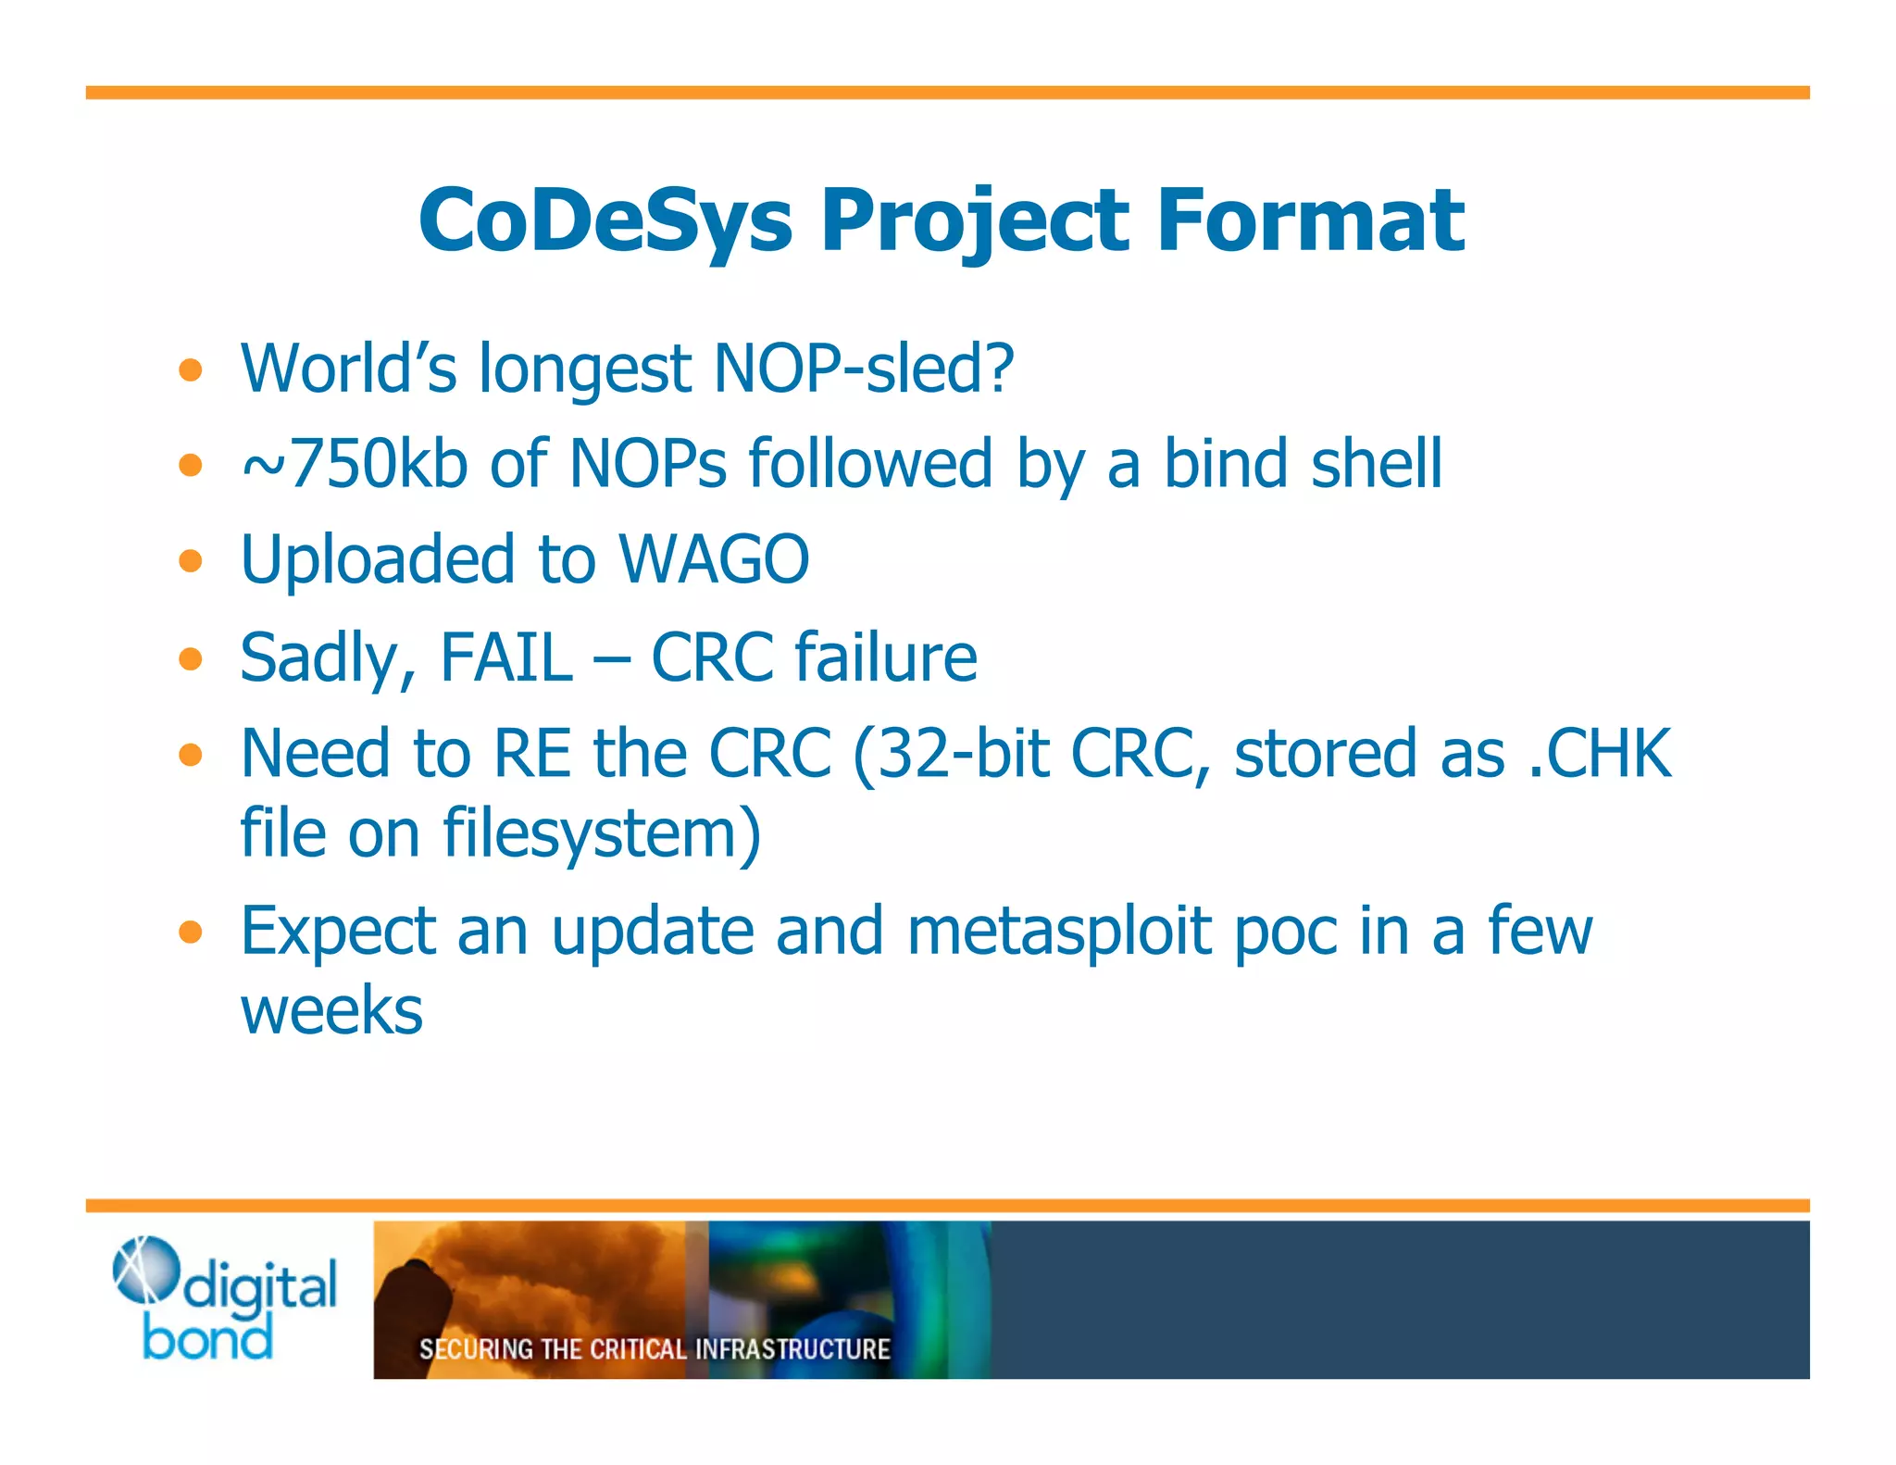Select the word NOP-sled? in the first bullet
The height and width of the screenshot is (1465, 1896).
click(x=865, y=369)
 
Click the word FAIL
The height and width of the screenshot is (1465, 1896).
click(x=506, y=657)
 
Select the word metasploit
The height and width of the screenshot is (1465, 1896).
click(x=1060, y=931)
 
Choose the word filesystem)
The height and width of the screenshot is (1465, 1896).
click(x=602, y=833)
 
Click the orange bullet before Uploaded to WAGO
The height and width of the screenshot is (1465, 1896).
click(x=191, y=560)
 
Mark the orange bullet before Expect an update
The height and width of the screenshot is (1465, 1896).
click(x=191, y=932)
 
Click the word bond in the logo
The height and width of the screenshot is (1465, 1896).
click(x=208, y=1338)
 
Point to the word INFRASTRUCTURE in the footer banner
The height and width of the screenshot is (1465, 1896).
click(x=792, y=1349)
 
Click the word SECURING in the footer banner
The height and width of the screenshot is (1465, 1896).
click(x=476, y=1349)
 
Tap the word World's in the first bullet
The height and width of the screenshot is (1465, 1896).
click(x=348, y=369)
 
